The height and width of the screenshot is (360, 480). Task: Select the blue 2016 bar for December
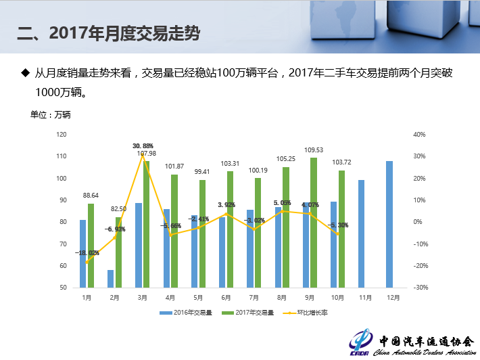[x=389, y=223]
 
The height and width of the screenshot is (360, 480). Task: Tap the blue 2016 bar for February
[x=110, y=279]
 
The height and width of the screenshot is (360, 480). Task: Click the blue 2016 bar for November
[x=361, y=233]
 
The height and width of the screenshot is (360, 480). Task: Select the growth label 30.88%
[x=143, y=145]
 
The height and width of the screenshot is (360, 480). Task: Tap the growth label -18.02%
[x=87, y=253]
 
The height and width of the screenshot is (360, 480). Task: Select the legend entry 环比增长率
[x=308, y=313]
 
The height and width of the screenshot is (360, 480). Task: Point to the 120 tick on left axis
[x=62, y=135]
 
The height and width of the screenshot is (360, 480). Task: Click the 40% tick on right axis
[x=418, y=135]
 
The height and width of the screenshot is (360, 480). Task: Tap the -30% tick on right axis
[x=420, y=288]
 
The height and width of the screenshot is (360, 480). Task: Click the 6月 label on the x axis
[x=226, y=297]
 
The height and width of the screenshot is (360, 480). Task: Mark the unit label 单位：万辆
[x=51, y=115]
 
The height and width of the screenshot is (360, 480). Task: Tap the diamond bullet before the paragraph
[x=26, y=72]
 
